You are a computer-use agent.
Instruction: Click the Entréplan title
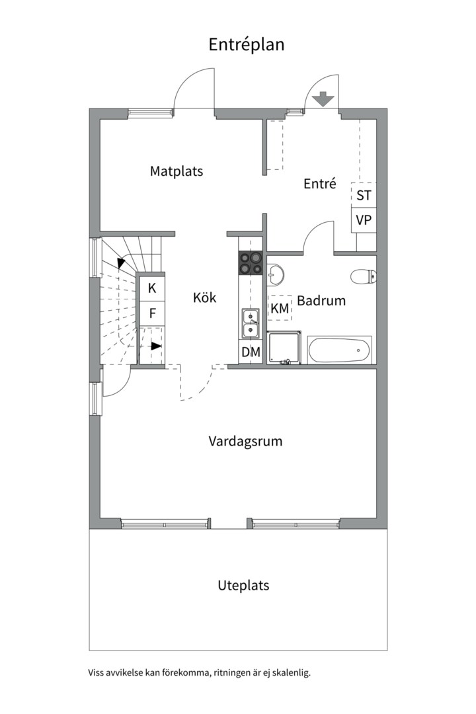[x=246, y=45]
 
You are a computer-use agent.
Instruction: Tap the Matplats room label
[x=176, y=171]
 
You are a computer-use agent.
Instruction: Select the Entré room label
[x=320, y=184]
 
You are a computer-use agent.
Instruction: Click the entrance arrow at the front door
[x=322, y=99]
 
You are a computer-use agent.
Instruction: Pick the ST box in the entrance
[x=364, y=195]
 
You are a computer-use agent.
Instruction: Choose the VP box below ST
[x=364, y=220]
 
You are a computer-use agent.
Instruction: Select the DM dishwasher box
[x=251, y=352]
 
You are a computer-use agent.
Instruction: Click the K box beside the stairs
[x=152, y=288]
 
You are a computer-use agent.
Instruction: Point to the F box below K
[x=152, y=313]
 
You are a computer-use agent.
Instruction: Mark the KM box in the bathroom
[x=280, y=308]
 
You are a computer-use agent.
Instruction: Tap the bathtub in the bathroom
[x=339, y=350]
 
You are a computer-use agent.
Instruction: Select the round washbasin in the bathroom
[x=276, y=273]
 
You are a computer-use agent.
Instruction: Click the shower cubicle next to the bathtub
[x=287, y=348]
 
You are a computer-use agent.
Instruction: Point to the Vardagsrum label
[x=245, y=441]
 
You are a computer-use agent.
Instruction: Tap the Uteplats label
[x=243, y=586]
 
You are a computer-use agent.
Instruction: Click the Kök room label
[x=204, y=297]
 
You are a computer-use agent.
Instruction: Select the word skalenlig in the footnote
[x=291, y=673]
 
